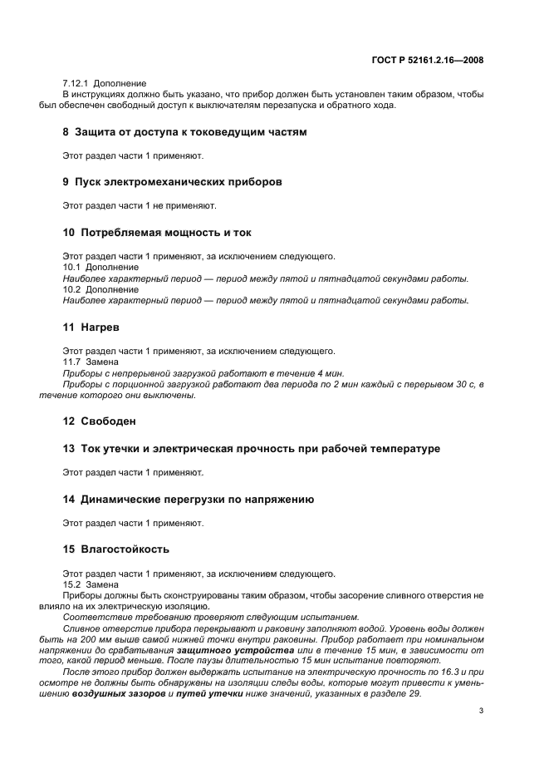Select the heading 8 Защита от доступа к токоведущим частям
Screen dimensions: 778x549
pyautogui.click(x=184, y=132)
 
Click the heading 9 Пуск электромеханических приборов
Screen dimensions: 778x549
pyautogui.click(x=173, y=181)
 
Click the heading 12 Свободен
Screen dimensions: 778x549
pyautogui.click(x=99, y=421)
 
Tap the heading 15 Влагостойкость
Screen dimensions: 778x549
pyautogui.click(x=116, y=549)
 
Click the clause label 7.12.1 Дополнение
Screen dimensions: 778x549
pyautogui.click(x=105, y=84)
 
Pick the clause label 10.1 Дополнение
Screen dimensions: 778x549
pyautogui.click(x=100, y=268)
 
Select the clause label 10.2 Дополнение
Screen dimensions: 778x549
pyautogui.click(x=100, y=289)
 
